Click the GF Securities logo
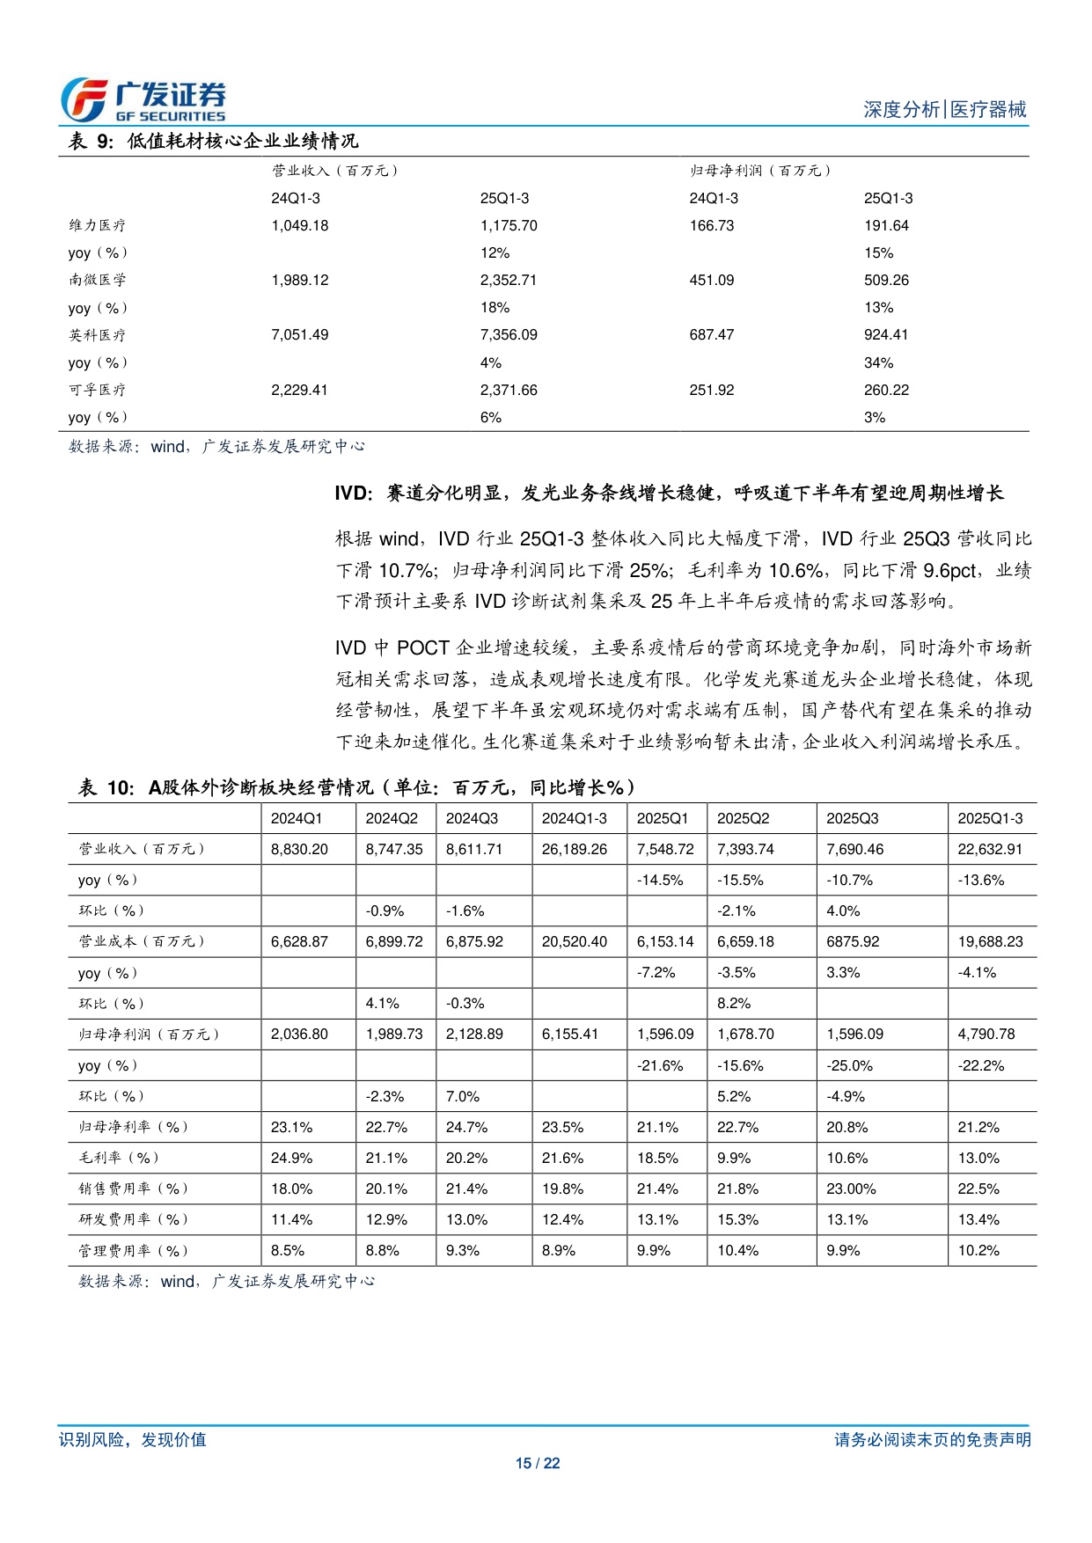[143, 100]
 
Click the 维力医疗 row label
[98, 225]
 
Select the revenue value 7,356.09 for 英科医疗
[509, 334]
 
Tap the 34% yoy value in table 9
[878, 362]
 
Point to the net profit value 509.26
[886, 280]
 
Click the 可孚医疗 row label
[98, 390]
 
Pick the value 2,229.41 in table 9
[299, 390]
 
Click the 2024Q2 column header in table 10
[392, 818]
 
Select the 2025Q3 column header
[852, 818]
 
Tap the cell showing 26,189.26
[575, 849]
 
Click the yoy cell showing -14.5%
[660, 880]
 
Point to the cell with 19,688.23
[990, 941]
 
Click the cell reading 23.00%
[851, 1188]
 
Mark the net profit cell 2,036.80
[299, 1034]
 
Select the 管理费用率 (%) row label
[134, 1250]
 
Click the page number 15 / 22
[538, 1463]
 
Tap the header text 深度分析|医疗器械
[944, 109]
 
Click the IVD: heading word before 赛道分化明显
[354, 493]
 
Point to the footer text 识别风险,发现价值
[133, 1439]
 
